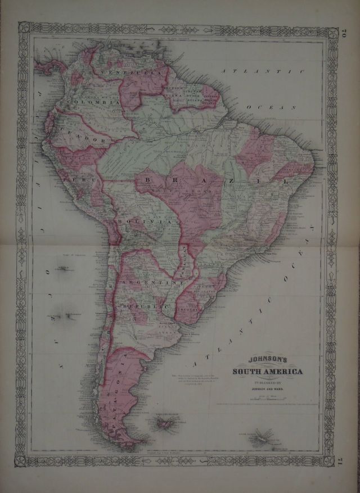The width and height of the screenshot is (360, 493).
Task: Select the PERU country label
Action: pyautogui.click(x=74, y=178)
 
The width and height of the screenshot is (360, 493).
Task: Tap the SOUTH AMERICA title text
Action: pyautogui.click(x=268, y=372)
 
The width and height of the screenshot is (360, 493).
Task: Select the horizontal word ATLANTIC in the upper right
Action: pyautogui.click(x=262, y=73)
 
